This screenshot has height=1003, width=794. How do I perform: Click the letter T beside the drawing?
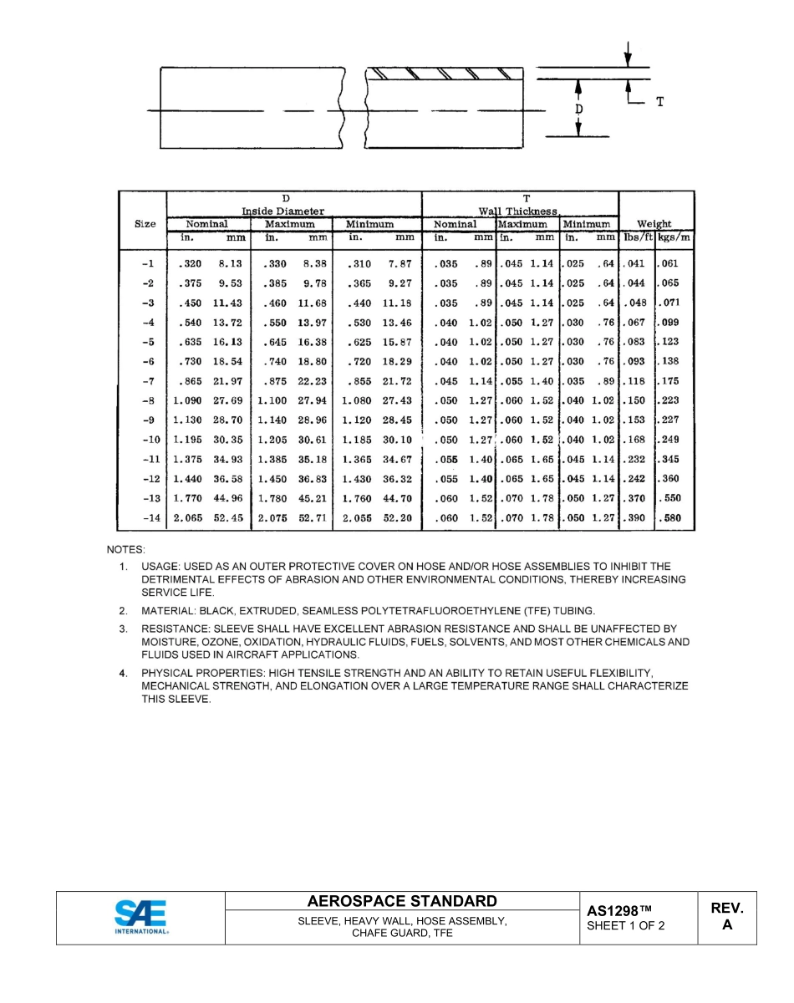click(659, 102)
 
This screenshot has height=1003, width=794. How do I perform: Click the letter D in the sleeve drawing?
click(578, 109)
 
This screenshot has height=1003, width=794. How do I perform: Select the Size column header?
click(145, 224)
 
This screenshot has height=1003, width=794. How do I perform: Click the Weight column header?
click(654, 224)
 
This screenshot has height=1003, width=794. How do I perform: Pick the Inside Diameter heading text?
click(283, 211)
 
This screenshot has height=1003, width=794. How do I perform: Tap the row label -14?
click(150, 518)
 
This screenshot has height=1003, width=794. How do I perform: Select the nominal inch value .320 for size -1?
click(191, 264)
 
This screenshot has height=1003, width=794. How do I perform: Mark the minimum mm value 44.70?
click(397, 499)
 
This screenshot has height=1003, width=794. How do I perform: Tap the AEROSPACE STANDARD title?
click(402, 901)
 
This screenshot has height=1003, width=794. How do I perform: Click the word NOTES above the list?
click(125, 550)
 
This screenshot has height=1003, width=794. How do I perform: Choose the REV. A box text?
click(727, 916)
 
